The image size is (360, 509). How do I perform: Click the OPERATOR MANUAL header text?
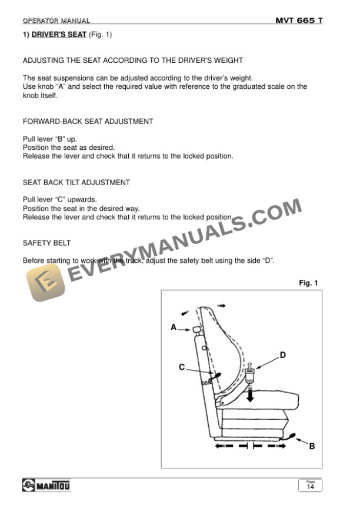coord(56,21)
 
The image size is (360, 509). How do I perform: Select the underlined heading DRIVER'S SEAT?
coord(59,35)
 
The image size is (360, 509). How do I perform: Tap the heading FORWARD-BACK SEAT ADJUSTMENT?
coord(88,122)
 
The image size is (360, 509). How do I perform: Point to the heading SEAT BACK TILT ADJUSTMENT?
coord(76,183)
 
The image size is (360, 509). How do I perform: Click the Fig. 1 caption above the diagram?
coord(308,283)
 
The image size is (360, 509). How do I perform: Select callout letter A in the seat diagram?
coord(174,327)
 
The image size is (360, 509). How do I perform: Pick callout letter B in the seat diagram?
coord(312,446)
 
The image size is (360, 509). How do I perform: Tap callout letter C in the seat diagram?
coord(182,367)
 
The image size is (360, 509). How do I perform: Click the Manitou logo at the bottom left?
coord(46,485)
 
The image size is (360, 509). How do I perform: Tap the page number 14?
coord(309,487)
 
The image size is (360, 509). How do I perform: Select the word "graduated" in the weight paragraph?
coord(237,86)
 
